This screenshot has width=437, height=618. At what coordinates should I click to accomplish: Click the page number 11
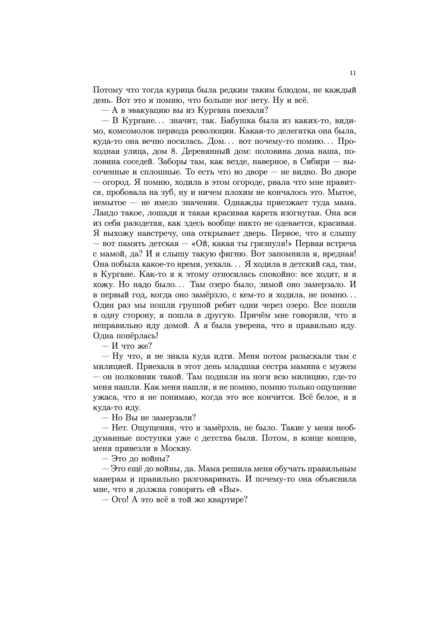click(353, 73)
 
